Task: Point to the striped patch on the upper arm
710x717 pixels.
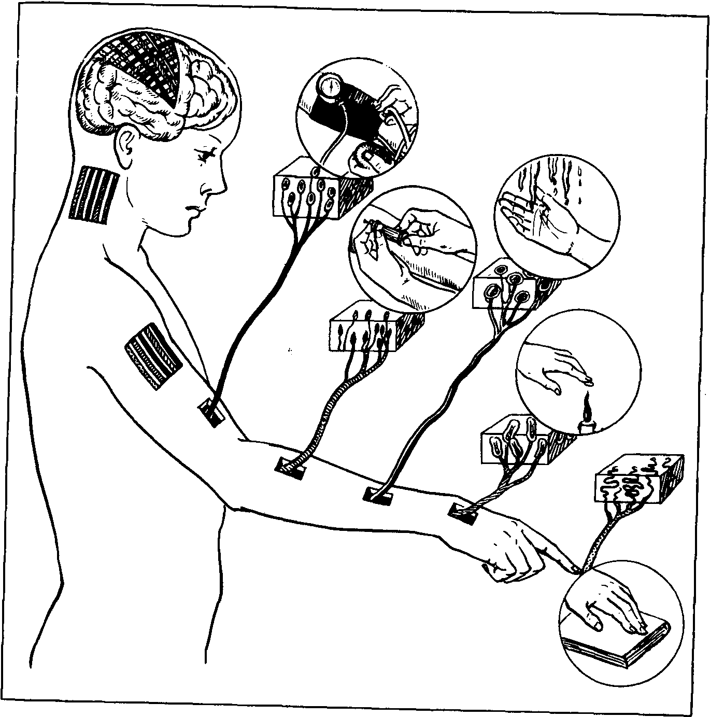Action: pos(153,356)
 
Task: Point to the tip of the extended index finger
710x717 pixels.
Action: pos(575,569)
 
